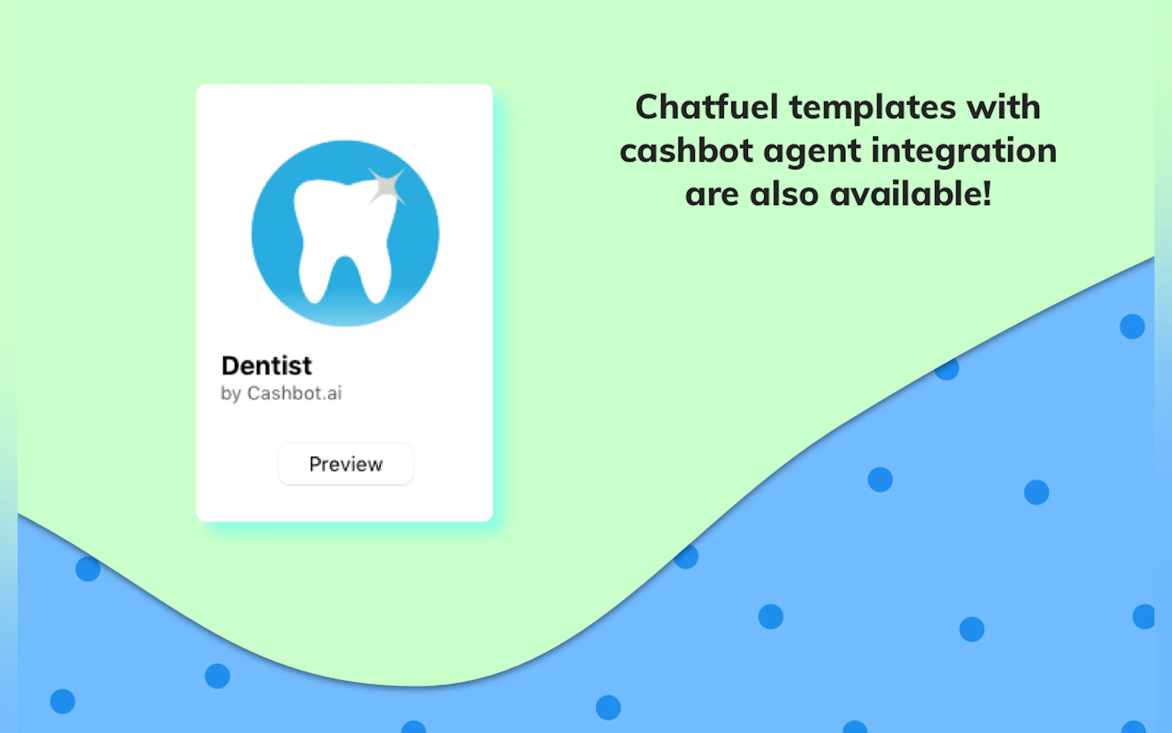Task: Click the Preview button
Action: coord(346,464)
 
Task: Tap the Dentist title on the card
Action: coord(267,366)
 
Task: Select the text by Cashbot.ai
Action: coord(281,393)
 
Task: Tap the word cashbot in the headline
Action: coord(686,150)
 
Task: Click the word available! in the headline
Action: coord(910,194)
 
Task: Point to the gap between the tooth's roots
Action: coord(345,276)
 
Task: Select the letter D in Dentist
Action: coord(230,366)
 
